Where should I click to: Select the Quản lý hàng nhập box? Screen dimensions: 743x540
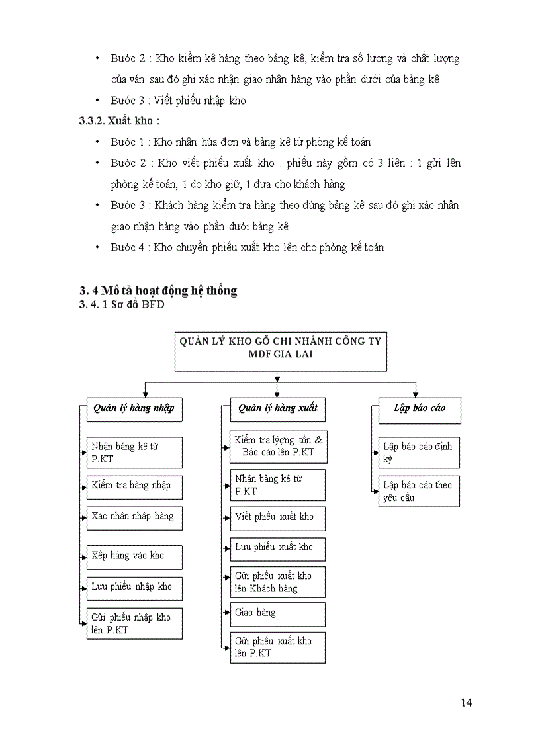(x=134, y=409)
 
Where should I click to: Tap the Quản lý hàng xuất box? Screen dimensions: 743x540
(x=278, y=409)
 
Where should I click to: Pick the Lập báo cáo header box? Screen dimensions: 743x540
(x=420, y=410)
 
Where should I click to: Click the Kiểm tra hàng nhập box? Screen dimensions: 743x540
(x=134, y=486)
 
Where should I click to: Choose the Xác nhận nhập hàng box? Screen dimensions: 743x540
(x=134, y=517)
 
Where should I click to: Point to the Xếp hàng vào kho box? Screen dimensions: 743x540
(x=134, y=556)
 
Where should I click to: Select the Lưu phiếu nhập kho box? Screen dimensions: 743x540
(x=134, y=588)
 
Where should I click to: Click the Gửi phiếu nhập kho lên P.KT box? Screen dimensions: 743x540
(x=134, y=624)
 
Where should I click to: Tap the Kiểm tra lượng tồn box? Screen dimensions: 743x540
(x=278, y=447)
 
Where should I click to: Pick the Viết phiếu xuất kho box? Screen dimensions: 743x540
(x=278, y=517)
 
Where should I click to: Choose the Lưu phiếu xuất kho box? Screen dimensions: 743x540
(x=278, y=548)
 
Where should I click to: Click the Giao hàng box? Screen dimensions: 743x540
(x=278, y=613)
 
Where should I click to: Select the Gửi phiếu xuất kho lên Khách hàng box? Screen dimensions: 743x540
(x=278, y=582)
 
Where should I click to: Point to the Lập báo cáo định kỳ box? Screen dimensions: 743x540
(x=420, y=453)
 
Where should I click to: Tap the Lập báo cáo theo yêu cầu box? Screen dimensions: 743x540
(x=420, y=491)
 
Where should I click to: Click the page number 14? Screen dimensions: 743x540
(x=467, y=703)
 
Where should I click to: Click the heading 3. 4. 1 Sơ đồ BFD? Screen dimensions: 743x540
(x=121, y=304)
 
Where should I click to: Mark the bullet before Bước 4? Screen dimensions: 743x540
(x=97, y=248)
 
